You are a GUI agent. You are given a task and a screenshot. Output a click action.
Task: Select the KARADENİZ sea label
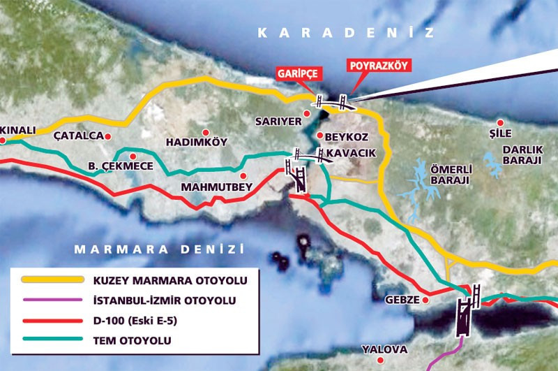(345, 33)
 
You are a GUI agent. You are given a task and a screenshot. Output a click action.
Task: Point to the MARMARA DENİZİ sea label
(160, 249)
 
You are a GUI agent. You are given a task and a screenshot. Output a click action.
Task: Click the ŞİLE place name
(501, 134)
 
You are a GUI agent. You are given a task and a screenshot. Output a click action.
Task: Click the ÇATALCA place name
(77, 136)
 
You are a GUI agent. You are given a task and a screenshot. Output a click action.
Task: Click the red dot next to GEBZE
(424, 298)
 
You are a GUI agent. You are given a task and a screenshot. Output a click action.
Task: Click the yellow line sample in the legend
(54, 280)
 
